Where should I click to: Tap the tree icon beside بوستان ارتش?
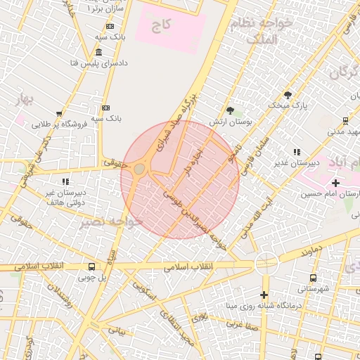pyautogui.click(x=230, y=110)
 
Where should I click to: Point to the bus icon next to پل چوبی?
pyautogui.click(x=91, y=266)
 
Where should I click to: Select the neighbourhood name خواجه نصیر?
pyautogui.click(x=112, y=222)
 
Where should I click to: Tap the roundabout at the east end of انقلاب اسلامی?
pyautogui.click(x=266, y=264)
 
